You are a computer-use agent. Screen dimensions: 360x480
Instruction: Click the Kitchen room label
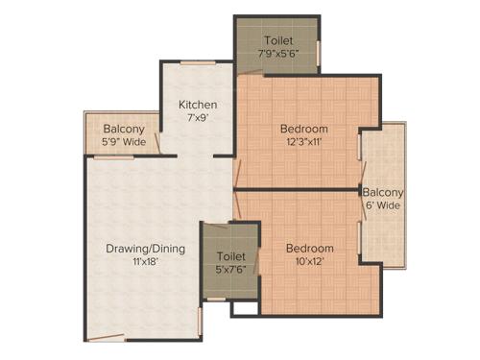[198, 105]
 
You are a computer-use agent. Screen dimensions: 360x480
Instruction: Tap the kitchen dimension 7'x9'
[198, 117]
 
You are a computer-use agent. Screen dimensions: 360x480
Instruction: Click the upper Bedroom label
[304, 129]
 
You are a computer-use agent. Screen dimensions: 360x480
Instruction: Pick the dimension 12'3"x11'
[304, 141]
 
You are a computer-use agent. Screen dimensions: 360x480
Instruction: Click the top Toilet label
[280, 41]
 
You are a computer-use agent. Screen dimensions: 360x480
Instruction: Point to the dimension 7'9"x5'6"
[280, 54]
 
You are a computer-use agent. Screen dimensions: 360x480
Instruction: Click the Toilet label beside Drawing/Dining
[231, 256]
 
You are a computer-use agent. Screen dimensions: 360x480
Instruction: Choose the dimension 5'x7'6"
[231, 270]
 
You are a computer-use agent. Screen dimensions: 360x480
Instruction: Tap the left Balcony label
[123, 130]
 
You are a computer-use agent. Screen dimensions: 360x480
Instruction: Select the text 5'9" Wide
[123, 142]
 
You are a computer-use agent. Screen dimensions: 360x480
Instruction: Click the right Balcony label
[382, 192]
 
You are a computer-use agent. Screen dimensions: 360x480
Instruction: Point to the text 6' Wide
[382, 204]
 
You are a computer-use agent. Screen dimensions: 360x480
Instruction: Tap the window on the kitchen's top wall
[198, 64]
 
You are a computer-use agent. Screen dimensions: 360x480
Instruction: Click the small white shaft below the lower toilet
[245, 308]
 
